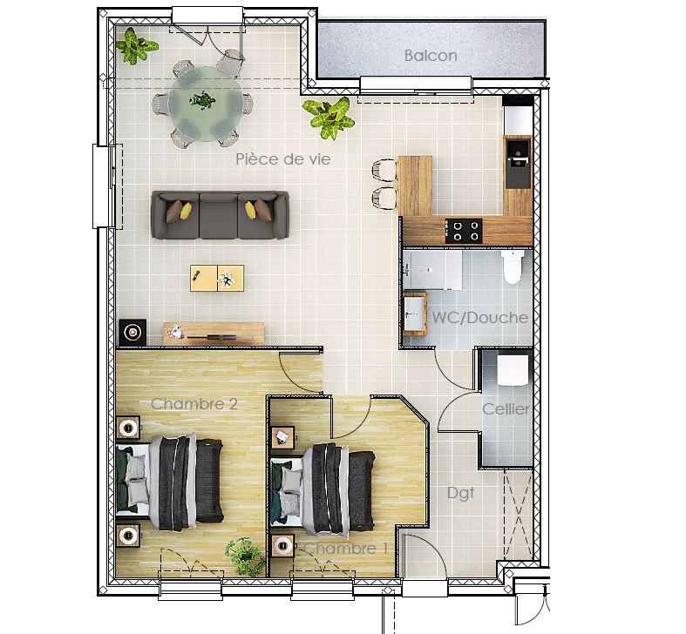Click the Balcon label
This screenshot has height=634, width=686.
tap(431, 56)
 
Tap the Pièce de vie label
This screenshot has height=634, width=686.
tap(283, 159)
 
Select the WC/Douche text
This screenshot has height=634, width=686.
tap(480, 318)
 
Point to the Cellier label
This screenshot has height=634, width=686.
tap(506, 409)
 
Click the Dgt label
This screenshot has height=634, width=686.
tap(461, 494)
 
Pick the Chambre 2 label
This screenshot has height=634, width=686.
tap(194, 403)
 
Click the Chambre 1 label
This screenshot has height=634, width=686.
tap(346, 549)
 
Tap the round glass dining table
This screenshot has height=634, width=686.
tap(206, 104)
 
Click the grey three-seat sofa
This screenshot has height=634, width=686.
tap(220, 215)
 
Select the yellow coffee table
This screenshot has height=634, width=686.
tap(217, 278)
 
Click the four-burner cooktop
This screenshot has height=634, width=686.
tap(464, 232)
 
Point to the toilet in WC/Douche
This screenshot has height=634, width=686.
tap(513, 267)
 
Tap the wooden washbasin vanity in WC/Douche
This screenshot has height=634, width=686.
tap(414, 314)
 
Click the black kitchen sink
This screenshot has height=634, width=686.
tap(518, 163)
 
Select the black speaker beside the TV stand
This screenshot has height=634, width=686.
tap(132, 333)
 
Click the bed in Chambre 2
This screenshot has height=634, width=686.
tap(170, 481)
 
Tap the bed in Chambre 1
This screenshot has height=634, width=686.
tap(323, 490)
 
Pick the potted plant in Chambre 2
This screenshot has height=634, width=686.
tap(246, 556)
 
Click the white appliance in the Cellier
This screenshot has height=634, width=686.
tap(513, 370)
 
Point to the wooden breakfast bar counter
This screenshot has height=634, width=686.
tap(415, 185)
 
